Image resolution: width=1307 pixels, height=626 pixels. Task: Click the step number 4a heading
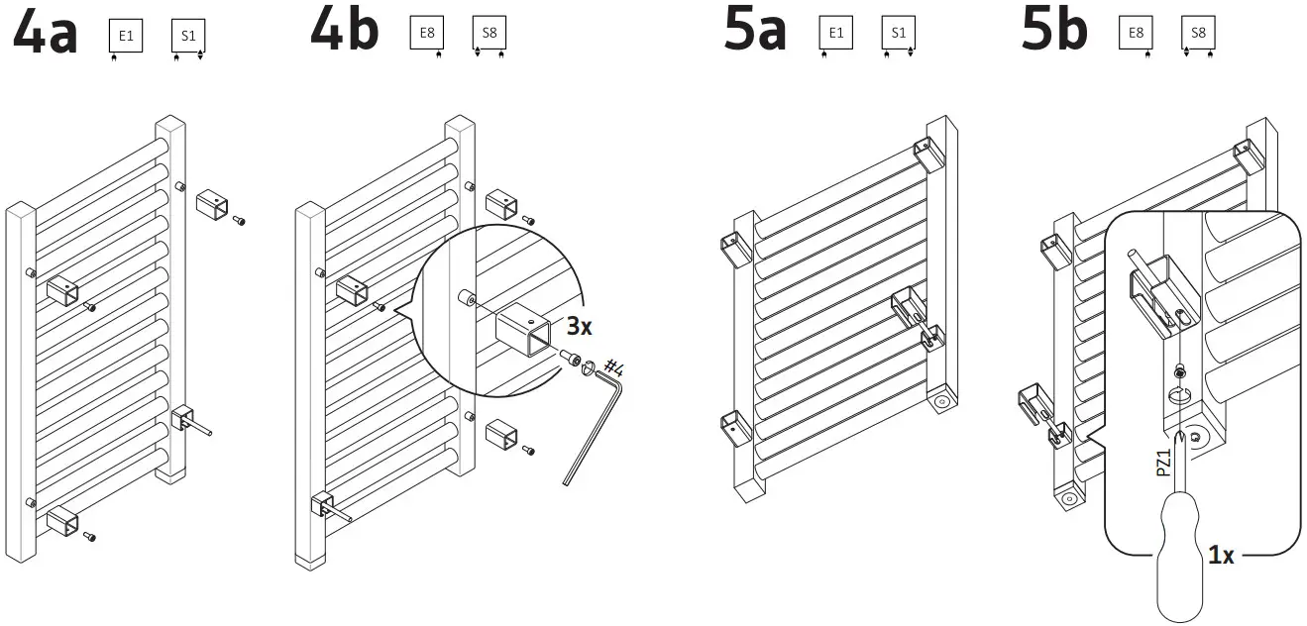click(x=45, y=33)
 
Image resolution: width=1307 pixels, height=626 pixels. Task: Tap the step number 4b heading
click(x=345, y=30)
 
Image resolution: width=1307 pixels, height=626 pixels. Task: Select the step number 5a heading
click(x=756, y=30)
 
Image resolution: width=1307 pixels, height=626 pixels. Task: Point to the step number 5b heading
click(x=1054, y=30)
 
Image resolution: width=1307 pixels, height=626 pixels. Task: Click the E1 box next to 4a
click(x=126, y=38)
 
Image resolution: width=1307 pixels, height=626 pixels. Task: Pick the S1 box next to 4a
click(x=188, y=38)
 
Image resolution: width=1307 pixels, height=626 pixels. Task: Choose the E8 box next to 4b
click(x=427, y=33)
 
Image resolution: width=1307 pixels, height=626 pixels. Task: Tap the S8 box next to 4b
click(x=490, y=33)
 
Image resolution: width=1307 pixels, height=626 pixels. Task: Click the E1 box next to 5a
click(x=835, y=33)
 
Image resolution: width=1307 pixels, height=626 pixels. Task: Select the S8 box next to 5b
click(x=1198, y=33)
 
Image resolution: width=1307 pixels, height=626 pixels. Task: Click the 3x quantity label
click(x=580, y=326)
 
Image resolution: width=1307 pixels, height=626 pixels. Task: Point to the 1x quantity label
click(x=1221, y=556)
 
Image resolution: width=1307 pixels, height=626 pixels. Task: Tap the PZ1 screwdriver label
click(x=1164, y=461)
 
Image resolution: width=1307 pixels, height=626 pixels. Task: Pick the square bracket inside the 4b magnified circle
click(x=523, y=330)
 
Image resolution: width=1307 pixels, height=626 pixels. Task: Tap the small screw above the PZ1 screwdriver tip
click(x=1179, y=371)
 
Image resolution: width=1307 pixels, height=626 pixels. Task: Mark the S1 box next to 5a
click(x=897, y=33)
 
